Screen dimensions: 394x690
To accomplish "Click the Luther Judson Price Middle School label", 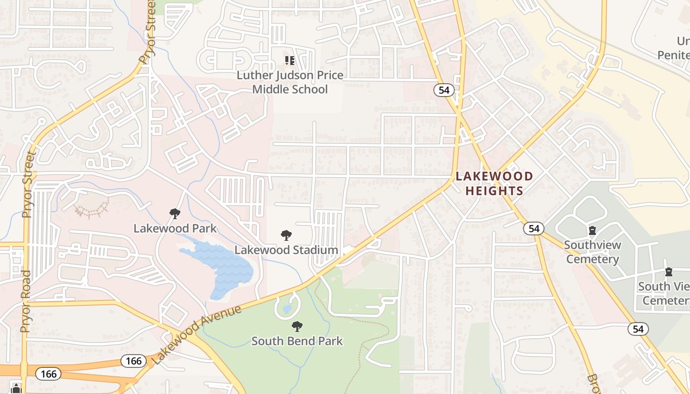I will [290, 82].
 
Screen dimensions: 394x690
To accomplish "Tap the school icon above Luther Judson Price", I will [290, 61].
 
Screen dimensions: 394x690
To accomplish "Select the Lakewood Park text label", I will [175, 229].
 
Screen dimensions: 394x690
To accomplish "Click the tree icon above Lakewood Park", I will [174, 214].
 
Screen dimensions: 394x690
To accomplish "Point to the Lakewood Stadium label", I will [286, 250].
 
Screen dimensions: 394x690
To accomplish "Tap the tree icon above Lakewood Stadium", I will [286, 235].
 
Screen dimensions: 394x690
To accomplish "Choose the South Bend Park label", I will [297, 341].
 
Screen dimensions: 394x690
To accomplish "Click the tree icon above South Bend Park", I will [297, 326].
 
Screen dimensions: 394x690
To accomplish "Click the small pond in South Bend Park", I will [287, 309].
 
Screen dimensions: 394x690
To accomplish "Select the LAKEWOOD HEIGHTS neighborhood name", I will [494, 183].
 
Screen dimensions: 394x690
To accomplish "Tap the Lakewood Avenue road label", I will [197, 335].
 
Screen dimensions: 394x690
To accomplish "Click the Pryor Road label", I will [26, 300].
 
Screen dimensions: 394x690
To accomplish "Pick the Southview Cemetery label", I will [592, 252].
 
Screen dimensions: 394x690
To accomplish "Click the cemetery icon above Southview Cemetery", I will [592, 230].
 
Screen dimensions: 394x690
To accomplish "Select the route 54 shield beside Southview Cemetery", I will [534, 228].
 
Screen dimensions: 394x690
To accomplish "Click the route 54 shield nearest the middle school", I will [444, 90].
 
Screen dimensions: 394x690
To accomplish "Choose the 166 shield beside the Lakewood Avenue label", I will [133, 361].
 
